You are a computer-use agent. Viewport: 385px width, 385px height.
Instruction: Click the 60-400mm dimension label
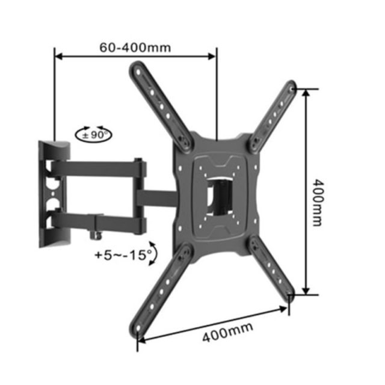135,48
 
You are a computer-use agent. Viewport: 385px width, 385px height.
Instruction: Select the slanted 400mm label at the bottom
227,332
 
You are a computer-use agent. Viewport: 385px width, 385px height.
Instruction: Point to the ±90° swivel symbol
93,134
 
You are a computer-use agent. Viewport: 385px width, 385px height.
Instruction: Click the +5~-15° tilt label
123,255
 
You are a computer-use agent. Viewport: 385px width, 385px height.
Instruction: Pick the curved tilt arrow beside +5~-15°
155,253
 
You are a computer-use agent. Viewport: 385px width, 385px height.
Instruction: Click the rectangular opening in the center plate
219,197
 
